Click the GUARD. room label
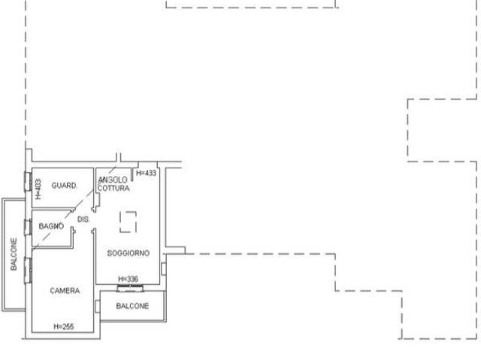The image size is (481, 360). click(x=64, y=186)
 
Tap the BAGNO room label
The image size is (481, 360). click(x=51, y=226)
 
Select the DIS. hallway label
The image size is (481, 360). click(x=83, y=219)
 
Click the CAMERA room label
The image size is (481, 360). click(x=65, y=291)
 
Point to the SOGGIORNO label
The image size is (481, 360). click(x=129, y=253)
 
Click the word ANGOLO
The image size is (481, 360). click(x=113, y=180)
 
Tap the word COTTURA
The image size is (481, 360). click(x=113, y=188)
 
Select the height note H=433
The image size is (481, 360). click(x=146, y=173)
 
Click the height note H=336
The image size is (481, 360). click(x=129, y=279)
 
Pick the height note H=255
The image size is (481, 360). click(x=63, y=327)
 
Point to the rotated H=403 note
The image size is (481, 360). click(x=38, y=189)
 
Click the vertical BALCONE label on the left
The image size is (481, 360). click(x=14, y=254)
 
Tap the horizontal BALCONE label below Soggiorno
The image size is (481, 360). click(x=132, y=306)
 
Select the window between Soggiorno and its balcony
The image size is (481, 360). click(x=130, y=288)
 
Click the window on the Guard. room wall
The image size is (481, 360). click(x=28, y=182)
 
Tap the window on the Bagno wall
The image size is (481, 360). click(x=28, y=227)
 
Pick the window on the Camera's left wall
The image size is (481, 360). click(x=28, y=271)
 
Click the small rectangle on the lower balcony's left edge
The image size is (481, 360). click(x=98, y=307)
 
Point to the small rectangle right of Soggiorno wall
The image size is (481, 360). click(x=164, y=268)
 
